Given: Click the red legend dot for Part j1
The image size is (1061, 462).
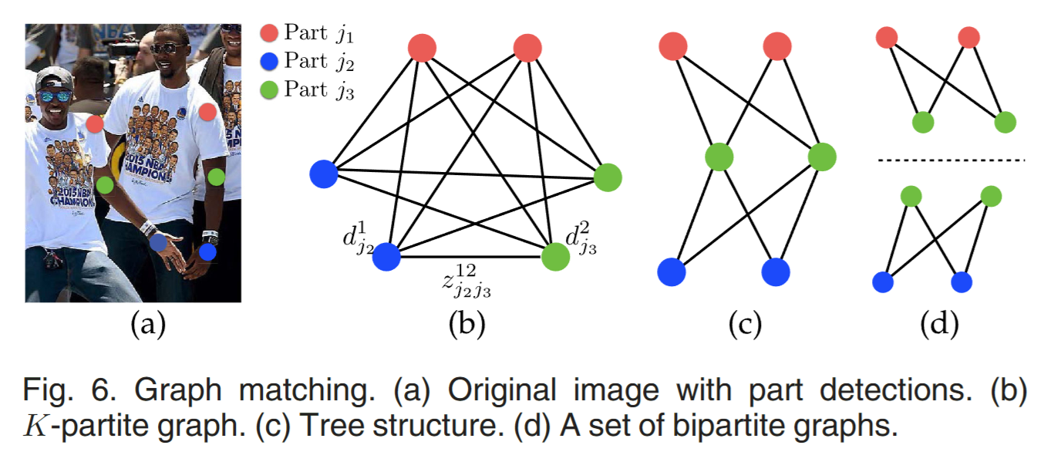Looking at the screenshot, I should coord(269,33).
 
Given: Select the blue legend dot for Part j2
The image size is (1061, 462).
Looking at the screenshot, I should coord(269,60).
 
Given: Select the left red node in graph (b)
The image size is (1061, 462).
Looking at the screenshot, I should coord(422,48).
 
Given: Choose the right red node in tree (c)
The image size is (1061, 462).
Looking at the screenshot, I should coord(777,47).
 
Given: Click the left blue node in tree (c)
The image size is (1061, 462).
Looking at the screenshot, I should coord(672,272).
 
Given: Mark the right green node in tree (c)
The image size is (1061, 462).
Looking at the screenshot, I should coord(822,157).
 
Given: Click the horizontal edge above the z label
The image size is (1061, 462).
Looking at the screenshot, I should coord(470,257).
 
